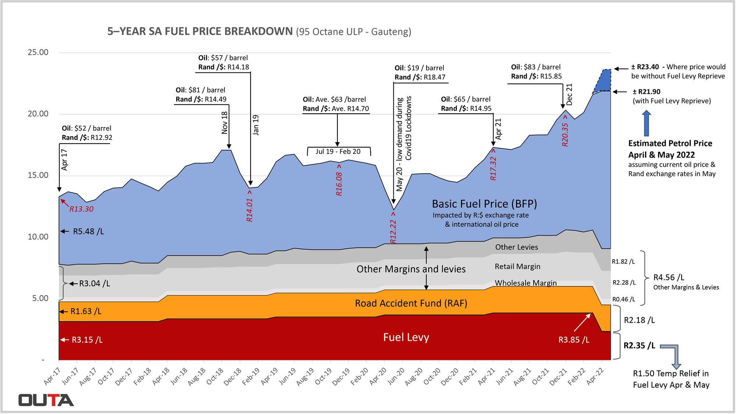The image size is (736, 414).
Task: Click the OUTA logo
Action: click(46, 400)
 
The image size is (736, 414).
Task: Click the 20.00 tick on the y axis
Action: click(38, 114)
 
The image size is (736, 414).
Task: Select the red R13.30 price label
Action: click(81, 209)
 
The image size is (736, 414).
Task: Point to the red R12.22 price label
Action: click(393, 231)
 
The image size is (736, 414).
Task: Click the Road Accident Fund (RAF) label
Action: click(411, 303)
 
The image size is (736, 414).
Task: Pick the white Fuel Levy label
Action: click(406, 337)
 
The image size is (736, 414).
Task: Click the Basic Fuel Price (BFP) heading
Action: click(484, 204)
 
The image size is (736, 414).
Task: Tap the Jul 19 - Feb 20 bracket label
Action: click(338, 152)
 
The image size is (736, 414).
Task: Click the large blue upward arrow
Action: click(646, 124)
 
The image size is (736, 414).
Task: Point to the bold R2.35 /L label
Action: click(639, 346)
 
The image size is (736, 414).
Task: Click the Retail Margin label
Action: click(517, 266)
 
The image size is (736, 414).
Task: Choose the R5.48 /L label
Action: click(88, 231)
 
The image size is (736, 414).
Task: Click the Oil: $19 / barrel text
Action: click(419, 68)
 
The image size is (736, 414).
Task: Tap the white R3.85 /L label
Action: click(574, 340)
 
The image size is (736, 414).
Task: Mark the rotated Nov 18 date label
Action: click(224, 123)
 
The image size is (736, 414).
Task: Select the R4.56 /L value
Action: click(669, 277)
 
